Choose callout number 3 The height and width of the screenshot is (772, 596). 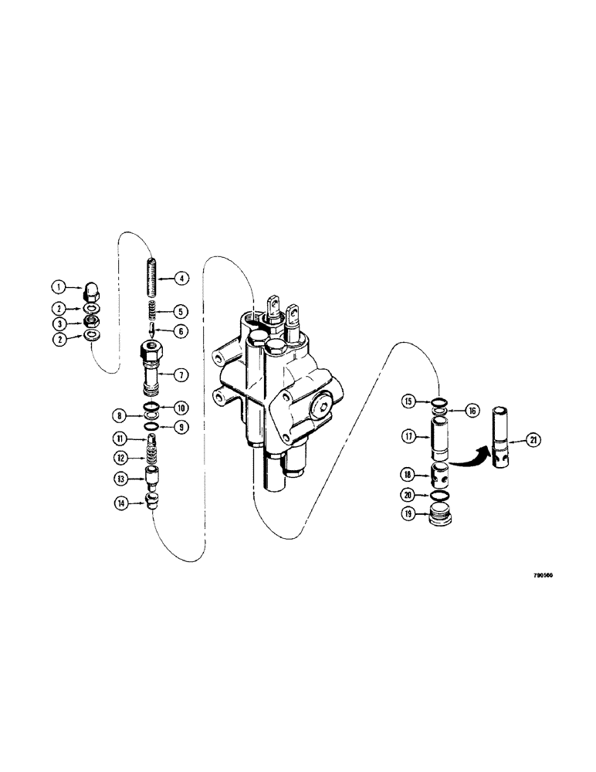click(x=58, y=323)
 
